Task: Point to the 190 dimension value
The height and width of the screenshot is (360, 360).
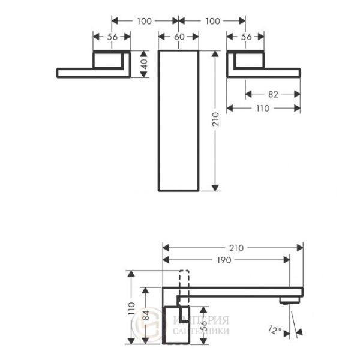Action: click(x=226, y=260)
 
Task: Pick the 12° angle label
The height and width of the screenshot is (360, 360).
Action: click(x=276, y=329)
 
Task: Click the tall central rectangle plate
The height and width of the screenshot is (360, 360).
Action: click(x=178, y=120)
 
